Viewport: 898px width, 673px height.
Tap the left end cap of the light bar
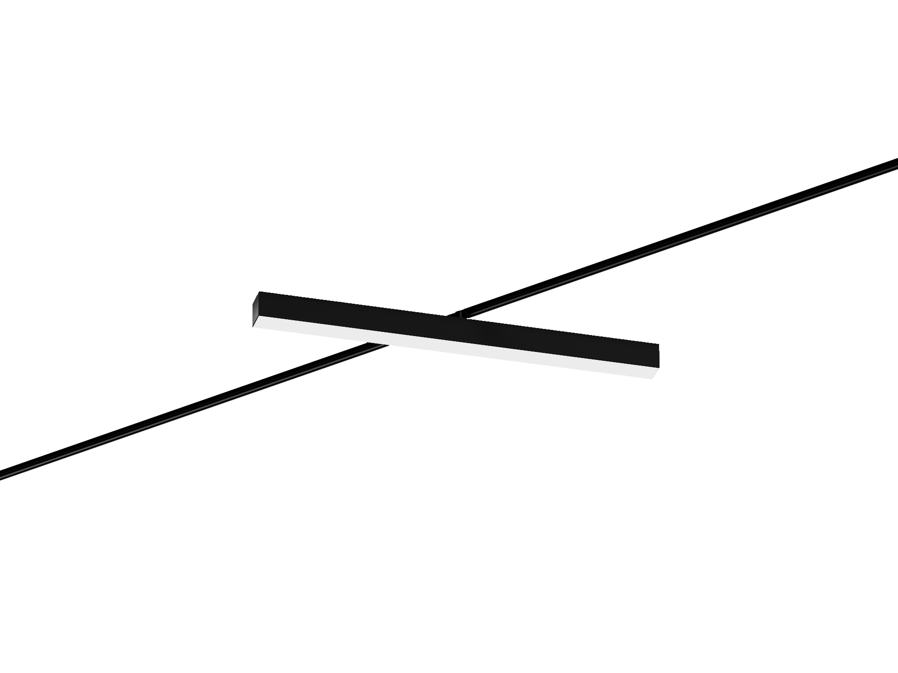tap(255, 309)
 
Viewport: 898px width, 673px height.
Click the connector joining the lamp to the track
tap(461, 315)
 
